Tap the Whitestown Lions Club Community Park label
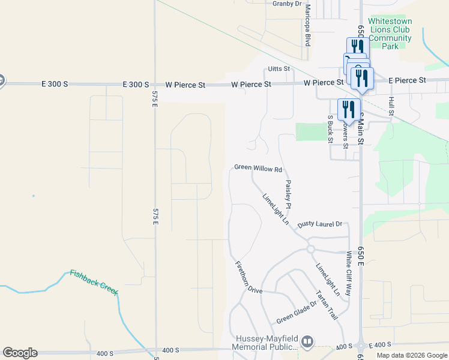point(391,33)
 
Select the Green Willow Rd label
point(258,169)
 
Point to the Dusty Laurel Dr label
point(319,224)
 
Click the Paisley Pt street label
point(289,194)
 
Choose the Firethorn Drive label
point(249,277)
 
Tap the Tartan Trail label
point(327,304)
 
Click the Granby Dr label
point(287,4)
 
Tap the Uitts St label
point(279,69)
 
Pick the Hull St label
point(391,106)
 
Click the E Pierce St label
point(407,80)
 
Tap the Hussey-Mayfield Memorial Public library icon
point(307,342)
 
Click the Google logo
point(20,353)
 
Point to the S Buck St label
point(330,130)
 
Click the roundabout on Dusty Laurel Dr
point(311,249)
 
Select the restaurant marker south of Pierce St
point(347,110)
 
